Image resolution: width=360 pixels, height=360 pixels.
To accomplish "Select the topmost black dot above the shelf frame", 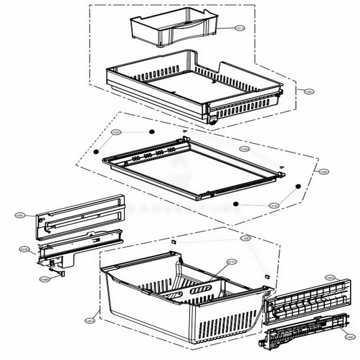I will [153, 128].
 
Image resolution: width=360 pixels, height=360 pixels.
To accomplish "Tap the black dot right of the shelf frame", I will [298, 186].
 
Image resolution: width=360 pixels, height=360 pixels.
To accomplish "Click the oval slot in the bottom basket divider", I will [201, 290].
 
